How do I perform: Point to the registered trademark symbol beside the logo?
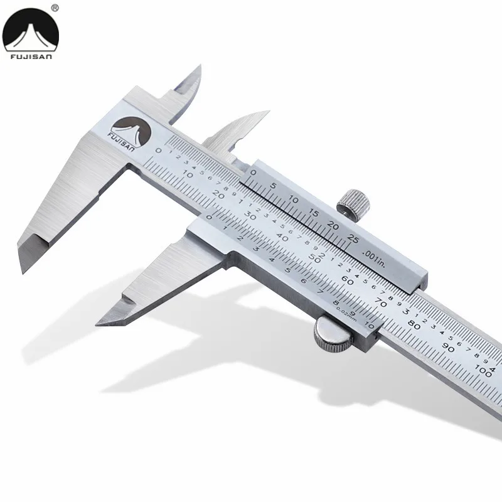click(x=55, y=8)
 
